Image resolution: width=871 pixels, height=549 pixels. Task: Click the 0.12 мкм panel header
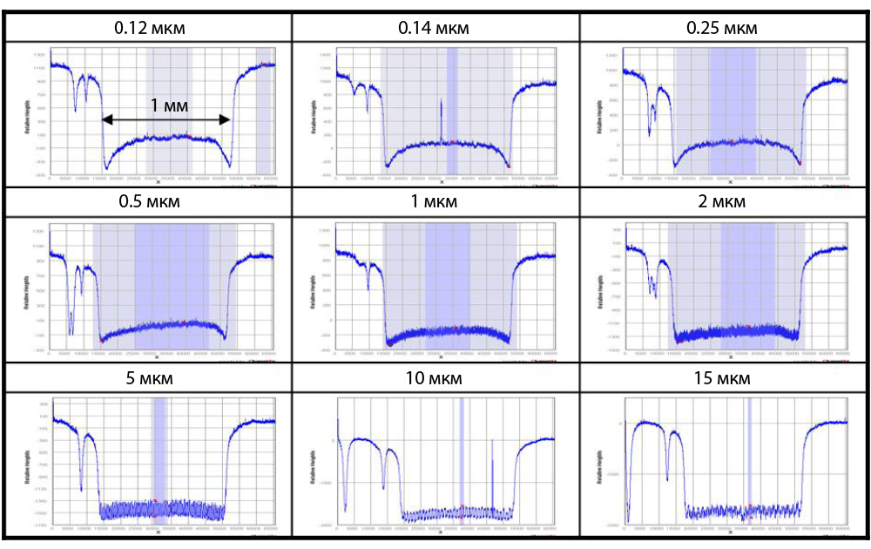tap(150, 28)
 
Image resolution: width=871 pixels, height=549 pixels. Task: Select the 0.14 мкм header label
tap(434, 28)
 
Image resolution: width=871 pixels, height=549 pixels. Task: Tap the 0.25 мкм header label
tap(722, 28)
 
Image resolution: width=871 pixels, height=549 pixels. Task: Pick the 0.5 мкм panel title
tap(150, 202)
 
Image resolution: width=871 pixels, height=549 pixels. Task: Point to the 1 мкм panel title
tap(434, 202)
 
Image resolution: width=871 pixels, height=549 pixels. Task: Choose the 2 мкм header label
tap(722, 202)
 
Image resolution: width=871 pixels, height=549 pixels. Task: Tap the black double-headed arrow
tap(166, 119)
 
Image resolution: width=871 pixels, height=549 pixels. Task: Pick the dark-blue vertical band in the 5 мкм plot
tap(159, 457)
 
